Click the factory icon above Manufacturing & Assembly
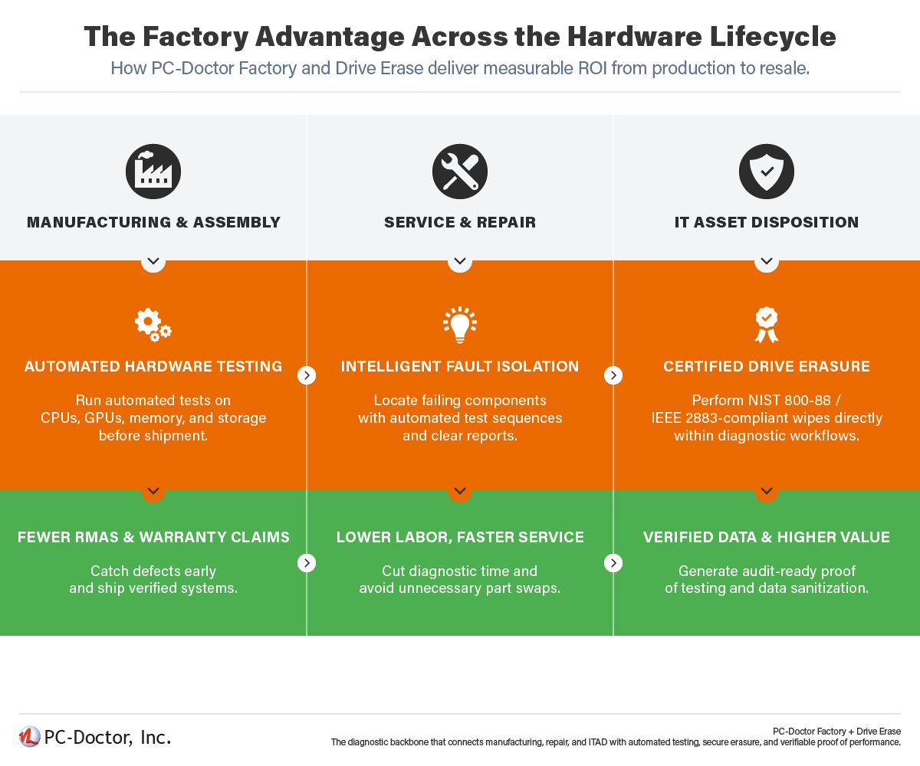153,172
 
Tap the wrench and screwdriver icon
460,172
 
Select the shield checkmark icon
767,172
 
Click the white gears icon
153,325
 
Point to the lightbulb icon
460,325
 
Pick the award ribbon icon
767,325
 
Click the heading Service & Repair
460,223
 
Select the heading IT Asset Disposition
767,223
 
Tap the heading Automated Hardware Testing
153,367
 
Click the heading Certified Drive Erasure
767,367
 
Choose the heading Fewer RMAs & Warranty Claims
153,538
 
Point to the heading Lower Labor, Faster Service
460,538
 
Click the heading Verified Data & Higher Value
767,538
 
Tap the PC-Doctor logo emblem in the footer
30,737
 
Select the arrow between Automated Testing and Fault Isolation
307,375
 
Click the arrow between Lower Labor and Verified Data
613,563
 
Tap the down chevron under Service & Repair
460,261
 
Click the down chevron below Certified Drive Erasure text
767,491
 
